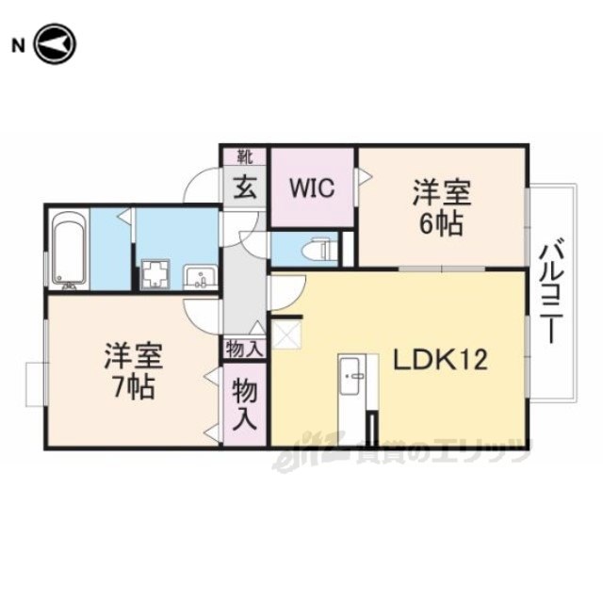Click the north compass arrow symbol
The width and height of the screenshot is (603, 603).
click(56, 43)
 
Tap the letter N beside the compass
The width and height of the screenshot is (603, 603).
click(18, 46)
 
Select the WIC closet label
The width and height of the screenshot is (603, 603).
click(312, 188)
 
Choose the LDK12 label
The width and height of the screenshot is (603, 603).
click(440, 360)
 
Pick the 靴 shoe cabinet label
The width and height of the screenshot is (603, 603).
click(245, 157)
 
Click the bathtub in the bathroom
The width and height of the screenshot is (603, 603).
click(69, 249)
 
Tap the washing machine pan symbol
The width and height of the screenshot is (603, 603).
click(155, 274)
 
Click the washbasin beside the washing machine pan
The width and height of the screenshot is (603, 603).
click(201, 276)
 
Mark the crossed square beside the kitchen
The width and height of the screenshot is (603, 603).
click(286, 334)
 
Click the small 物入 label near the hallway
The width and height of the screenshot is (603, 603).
click(245, 350)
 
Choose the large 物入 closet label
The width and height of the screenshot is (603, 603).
click(245, 404)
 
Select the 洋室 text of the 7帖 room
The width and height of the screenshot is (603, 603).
click(134, 356)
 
